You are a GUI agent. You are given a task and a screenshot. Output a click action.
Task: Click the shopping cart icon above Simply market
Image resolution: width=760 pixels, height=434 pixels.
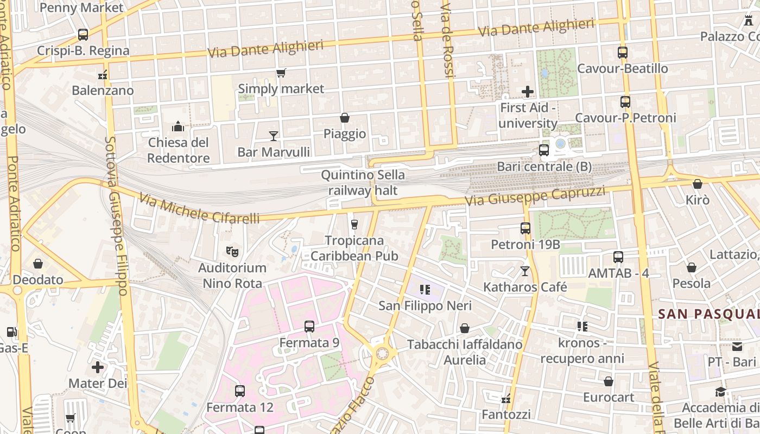pos(281,73)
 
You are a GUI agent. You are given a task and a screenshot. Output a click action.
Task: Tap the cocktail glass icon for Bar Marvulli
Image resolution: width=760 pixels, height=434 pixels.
pos(274,136)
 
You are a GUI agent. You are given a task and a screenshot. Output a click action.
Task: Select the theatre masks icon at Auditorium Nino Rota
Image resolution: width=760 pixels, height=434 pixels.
pos(232,251)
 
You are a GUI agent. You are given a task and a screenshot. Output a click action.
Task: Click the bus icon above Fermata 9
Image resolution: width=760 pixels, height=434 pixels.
pos(309,326)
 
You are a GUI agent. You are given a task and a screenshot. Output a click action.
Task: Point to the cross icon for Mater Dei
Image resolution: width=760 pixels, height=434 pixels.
pos(98,367)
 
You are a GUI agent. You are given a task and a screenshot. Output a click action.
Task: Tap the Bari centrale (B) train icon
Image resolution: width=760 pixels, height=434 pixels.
pos(544,150)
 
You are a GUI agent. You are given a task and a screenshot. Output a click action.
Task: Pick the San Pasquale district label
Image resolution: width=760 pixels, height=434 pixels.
pos(708,314)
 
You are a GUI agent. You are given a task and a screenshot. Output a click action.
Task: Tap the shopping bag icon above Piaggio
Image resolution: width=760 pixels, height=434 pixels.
pos(344,118)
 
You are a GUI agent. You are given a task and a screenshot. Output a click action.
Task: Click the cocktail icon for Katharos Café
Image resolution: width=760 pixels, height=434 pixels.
pos(525,271)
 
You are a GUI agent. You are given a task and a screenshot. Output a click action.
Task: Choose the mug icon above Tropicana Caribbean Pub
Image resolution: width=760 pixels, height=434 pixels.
pos(354,224)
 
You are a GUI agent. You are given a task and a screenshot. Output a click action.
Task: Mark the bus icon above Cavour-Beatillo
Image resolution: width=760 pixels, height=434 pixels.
pos(623,53)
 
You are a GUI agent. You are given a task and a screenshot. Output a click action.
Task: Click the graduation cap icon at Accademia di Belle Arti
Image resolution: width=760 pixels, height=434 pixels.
pos(720,392)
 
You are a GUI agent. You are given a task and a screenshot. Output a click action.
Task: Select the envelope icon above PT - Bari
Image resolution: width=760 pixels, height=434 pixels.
pos(737,346)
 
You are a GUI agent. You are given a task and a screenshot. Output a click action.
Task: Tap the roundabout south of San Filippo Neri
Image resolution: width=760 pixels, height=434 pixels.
pos(383,354)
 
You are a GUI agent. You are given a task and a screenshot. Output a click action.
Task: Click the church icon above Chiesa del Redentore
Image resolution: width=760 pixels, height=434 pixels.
pos(178,127)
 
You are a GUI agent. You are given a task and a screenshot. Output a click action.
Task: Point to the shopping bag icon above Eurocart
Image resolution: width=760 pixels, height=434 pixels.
pos(609,381)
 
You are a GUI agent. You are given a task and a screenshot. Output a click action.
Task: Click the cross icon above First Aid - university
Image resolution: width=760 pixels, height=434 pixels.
pos(527,92)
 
